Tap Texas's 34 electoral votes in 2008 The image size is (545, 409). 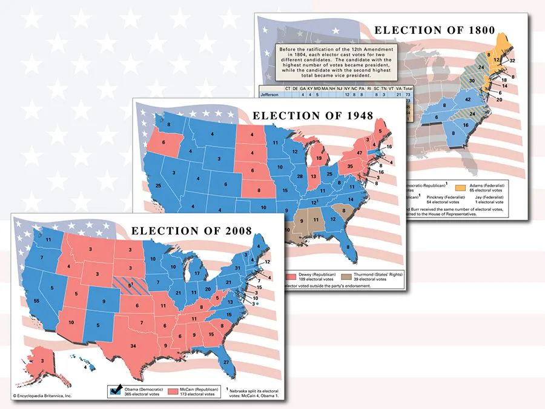point(133,346)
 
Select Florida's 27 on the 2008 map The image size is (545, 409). point(226,362)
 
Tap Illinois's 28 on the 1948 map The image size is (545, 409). point(299,176)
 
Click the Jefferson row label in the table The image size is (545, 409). point(270,95)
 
